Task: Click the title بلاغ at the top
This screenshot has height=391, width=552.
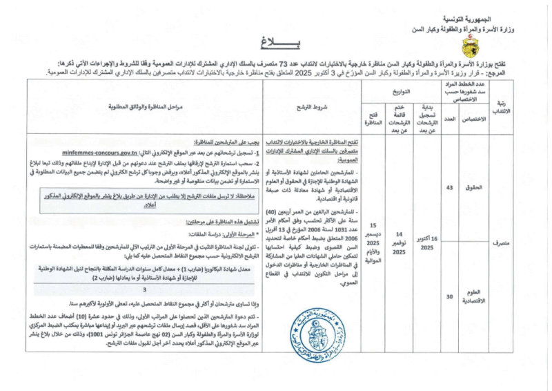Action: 275,43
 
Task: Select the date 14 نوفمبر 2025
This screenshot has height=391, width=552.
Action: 400,244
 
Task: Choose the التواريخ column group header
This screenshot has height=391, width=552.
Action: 400,90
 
